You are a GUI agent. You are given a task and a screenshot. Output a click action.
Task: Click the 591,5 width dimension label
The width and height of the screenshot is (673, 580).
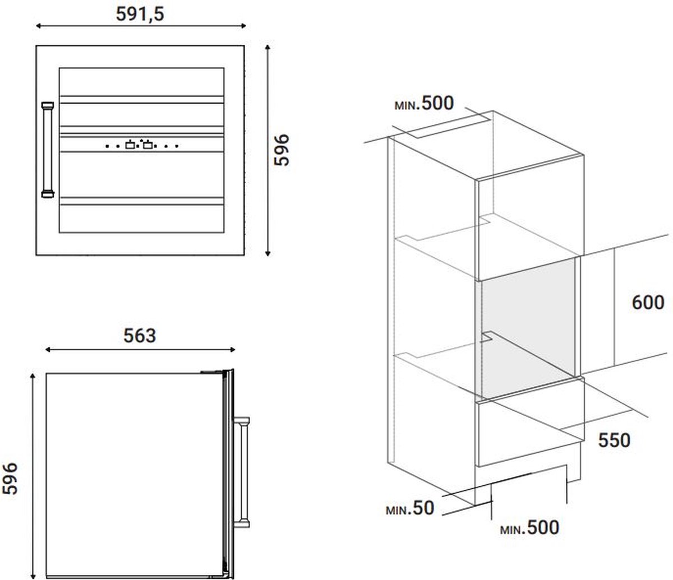140,15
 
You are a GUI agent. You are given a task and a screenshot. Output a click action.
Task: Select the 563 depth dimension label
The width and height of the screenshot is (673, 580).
140,336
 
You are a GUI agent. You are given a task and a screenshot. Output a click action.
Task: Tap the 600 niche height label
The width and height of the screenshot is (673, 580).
648,303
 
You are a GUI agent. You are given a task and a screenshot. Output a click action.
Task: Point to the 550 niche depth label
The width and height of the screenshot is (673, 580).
614,441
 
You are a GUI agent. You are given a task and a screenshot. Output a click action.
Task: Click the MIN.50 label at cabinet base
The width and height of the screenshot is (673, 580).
410,508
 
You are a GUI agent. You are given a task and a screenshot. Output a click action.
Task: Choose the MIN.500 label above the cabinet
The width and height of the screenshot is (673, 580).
424,104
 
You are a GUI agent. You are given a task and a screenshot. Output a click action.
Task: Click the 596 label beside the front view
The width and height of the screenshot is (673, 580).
282,150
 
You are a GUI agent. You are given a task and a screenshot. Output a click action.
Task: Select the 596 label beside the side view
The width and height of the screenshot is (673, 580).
9,479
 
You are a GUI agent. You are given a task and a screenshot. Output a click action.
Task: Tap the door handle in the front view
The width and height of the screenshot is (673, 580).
48,150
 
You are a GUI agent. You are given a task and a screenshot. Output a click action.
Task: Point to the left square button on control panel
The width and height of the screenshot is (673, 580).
130,145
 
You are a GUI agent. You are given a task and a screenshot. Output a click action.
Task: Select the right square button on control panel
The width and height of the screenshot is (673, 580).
148,145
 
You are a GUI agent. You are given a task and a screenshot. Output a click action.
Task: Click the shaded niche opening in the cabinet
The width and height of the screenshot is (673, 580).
528,328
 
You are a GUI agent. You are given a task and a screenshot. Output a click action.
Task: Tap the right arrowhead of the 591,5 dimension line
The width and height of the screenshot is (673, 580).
243,26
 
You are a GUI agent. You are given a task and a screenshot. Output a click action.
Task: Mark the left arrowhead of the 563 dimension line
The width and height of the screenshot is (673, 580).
48,350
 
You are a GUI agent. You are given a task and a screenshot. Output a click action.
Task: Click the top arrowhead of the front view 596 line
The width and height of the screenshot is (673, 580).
268,48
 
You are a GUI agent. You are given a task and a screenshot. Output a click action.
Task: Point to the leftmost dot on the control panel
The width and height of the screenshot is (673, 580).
107,146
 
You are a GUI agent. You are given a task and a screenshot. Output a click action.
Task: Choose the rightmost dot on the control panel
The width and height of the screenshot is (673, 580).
177,146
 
